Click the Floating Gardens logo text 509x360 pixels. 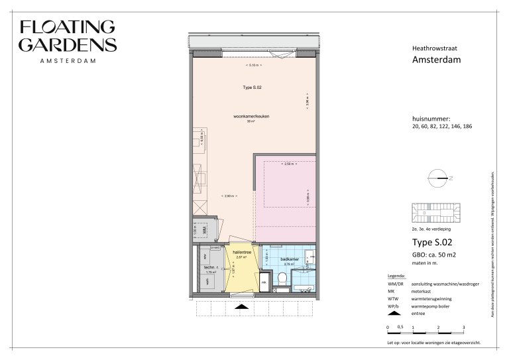pyautogui.click(x=68, y=36)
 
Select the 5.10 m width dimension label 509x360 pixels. pyautogui.click(x=253, y=66)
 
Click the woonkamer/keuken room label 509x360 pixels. pyautogui.click(x=251, y=117)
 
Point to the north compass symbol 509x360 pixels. pyautogui.click(x=438, y=178)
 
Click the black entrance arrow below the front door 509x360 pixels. pyautogui.click(x=242, y=308)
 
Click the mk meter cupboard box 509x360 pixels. pyautogui.click(x=263, y=282)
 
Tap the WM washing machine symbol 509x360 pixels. pyautogui.click(x=205, y=229)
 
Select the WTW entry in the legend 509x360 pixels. pyautogui.click(x=394, y=299)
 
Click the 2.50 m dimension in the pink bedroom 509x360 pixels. pyautogui.click(x=287, y=163)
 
